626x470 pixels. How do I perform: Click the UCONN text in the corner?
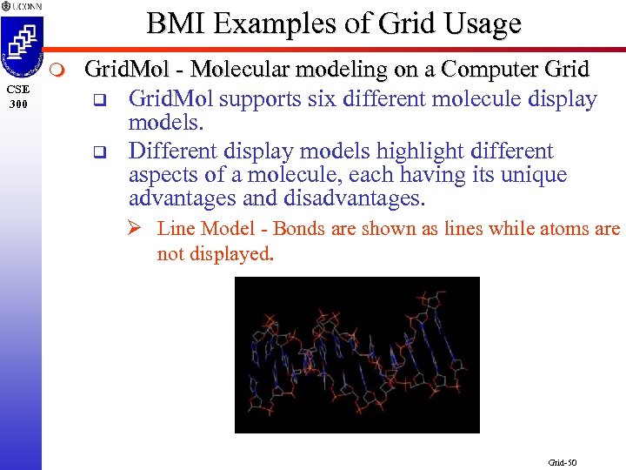click(23, 6)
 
